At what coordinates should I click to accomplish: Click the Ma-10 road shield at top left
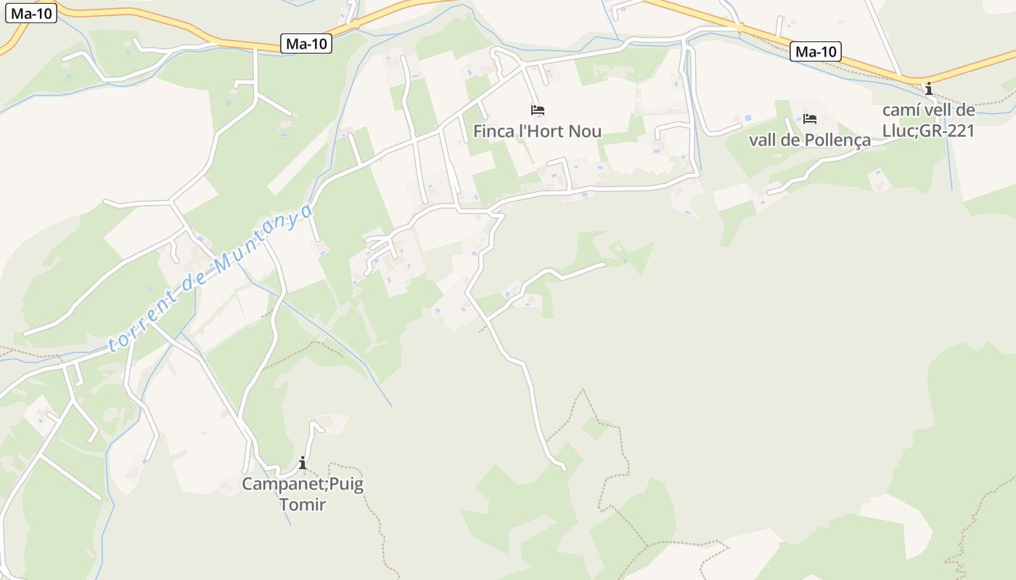31,13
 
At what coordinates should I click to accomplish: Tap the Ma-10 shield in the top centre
306,43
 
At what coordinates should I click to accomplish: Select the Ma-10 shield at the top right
816,51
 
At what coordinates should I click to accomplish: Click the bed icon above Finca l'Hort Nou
538,110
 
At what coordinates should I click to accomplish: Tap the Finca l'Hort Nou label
538,131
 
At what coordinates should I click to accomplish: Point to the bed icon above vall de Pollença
810,119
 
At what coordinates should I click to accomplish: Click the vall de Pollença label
809,140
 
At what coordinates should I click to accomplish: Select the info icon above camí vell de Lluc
928,89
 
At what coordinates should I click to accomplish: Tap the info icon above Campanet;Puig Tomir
303,463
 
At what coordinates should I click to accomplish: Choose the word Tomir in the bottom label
303,505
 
